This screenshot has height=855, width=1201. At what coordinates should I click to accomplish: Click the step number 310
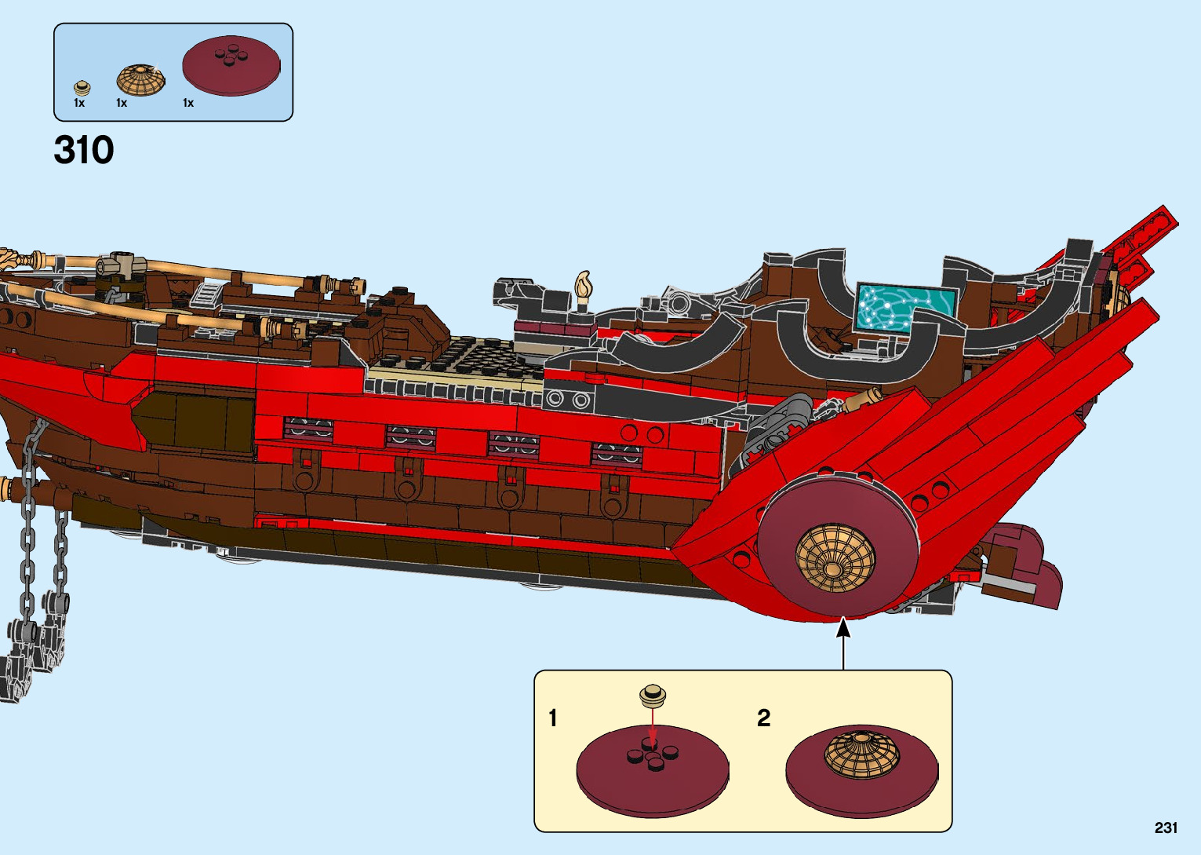tap(84, 150)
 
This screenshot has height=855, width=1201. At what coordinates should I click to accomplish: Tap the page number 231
tap(1166, 828)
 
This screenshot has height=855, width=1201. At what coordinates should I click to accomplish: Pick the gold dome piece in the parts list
tap(141, 79)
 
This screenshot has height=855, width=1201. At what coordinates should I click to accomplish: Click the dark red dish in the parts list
tap(231, 65)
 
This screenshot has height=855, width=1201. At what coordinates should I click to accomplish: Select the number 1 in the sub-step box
tap(553, 718)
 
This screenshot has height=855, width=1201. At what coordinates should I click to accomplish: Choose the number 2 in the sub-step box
tap(764, 718)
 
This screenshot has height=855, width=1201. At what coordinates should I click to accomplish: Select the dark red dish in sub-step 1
tap(652, 773)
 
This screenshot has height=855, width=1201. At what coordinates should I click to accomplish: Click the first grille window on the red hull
tap(308, 429)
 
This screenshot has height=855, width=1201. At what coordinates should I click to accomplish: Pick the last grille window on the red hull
tap(616, 453)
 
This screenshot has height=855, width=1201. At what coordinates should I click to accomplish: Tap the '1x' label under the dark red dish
tap(188, 103)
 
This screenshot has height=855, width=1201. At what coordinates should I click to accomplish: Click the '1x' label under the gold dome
tap(122, 103)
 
